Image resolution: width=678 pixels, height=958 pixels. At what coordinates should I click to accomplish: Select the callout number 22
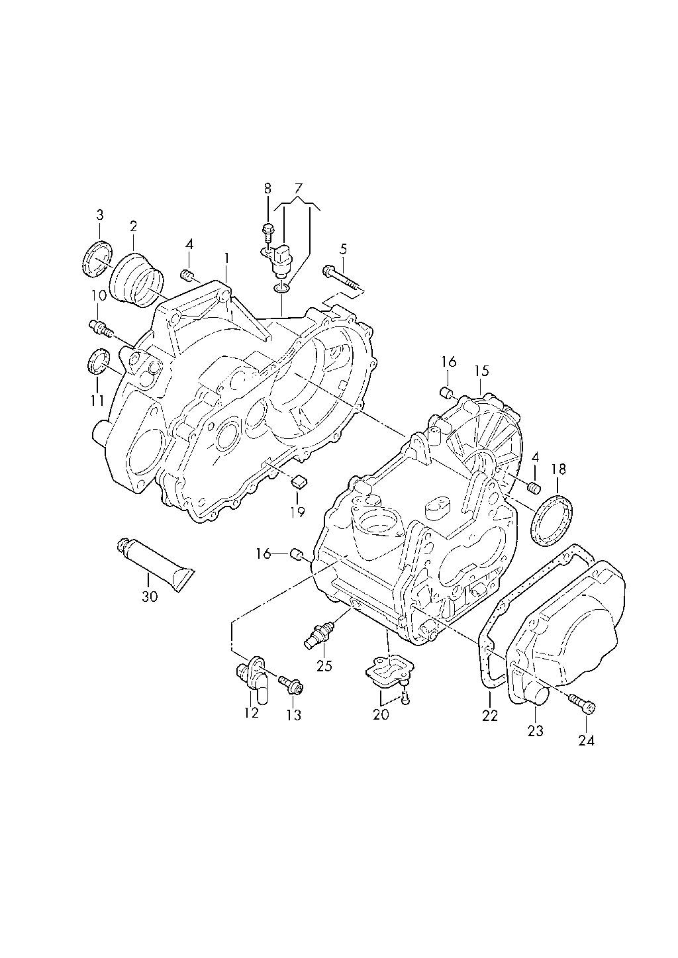[489, 715]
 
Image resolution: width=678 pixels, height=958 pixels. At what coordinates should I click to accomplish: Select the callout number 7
[297, 188]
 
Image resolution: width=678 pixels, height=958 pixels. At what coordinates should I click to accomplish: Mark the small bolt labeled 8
[268, 232]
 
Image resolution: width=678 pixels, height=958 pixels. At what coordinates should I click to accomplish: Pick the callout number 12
[251, 714]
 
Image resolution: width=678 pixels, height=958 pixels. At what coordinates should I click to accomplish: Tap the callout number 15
[480, 370]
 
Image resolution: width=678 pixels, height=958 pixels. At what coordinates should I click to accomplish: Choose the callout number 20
[381, 714]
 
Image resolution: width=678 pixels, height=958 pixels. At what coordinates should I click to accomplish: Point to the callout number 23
[535, 731]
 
